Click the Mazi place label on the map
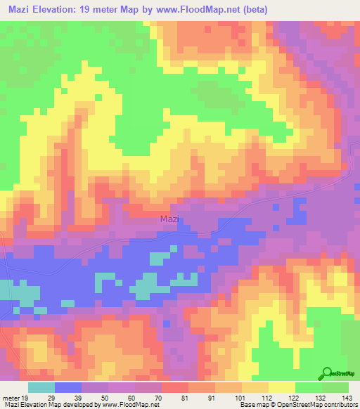pos(169,219)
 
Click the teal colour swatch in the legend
pos(41,387)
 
